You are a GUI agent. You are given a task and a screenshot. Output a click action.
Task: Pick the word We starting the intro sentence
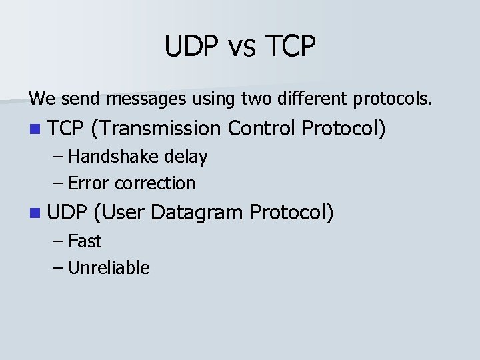click(x=41, y=99)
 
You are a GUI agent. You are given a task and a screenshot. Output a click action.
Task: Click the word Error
click(x=89, y=183)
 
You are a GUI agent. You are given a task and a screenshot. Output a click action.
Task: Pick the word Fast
click(x=85, y=241)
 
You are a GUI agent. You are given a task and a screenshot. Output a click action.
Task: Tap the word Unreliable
click(x=109, y=267)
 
